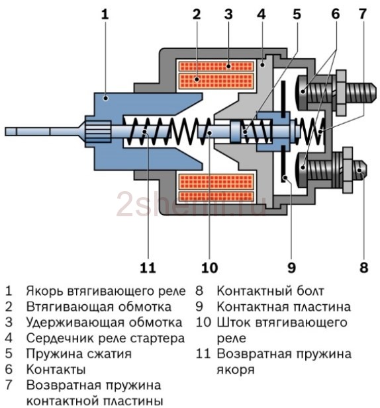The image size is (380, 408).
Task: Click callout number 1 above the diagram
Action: (105, 14)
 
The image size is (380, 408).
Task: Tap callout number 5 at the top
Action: (297, 14)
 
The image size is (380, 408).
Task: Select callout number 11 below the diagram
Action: (148, 268)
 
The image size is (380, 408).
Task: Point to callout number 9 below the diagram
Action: (291, 268)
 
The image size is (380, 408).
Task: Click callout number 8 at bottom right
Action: (363, 268)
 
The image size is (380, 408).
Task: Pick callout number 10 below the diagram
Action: (209, 268)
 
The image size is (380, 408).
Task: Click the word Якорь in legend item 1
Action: (45, 291)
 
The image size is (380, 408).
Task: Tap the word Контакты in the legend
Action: (56, 369)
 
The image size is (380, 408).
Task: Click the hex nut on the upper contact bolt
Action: (341, 93)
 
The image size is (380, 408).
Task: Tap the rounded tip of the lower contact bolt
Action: (361, 170)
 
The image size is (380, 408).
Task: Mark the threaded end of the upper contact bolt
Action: (361, 93)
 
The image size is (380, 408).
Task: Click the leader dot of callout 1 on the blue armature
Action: (105, 98)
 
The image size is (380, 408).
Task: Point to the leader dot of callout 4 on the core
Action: (263, 64)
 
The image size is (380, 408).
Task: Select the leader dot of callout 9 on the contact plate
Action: (285, 178)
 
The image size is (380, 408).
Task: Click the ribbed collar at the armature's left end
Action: (98, 132)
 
